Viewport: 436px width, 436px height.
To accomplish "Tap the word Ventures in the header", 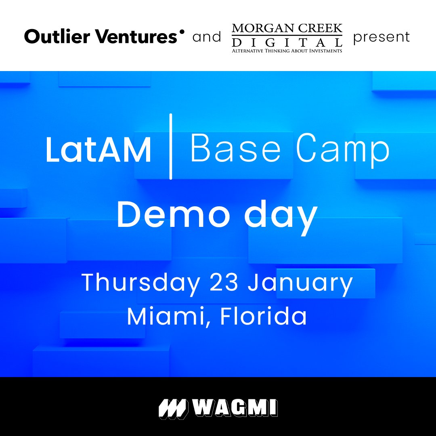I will (x=138, y=37).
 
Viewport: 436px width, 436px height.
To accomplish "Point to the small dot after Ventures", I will (x=182, y=31).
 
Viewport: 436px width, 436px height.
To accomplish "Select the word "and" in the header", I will (x=207, y=37).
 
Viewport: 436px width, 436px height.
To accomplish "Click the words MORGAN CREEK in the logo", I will (x=287, y=29).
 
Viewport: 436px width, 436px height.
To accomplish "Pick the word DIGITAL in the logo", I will (x=287, y=42).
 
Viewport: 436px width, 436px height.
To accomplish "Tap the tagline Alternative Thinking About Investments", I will (x=287, y=50).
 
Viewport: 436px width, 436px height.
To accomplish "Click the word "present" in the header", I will (x=381, y=38).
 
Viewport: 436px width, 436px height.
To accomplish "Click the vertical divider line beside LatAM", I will (x=171, y=146).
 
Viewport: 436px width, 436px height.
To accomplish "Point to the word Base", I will (x=235, y=149).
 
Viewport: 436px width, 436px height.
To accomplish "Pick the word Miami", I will (x=171, y=317).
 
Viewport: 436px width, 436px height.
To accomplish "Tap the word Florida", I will (x=263, y=317).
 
